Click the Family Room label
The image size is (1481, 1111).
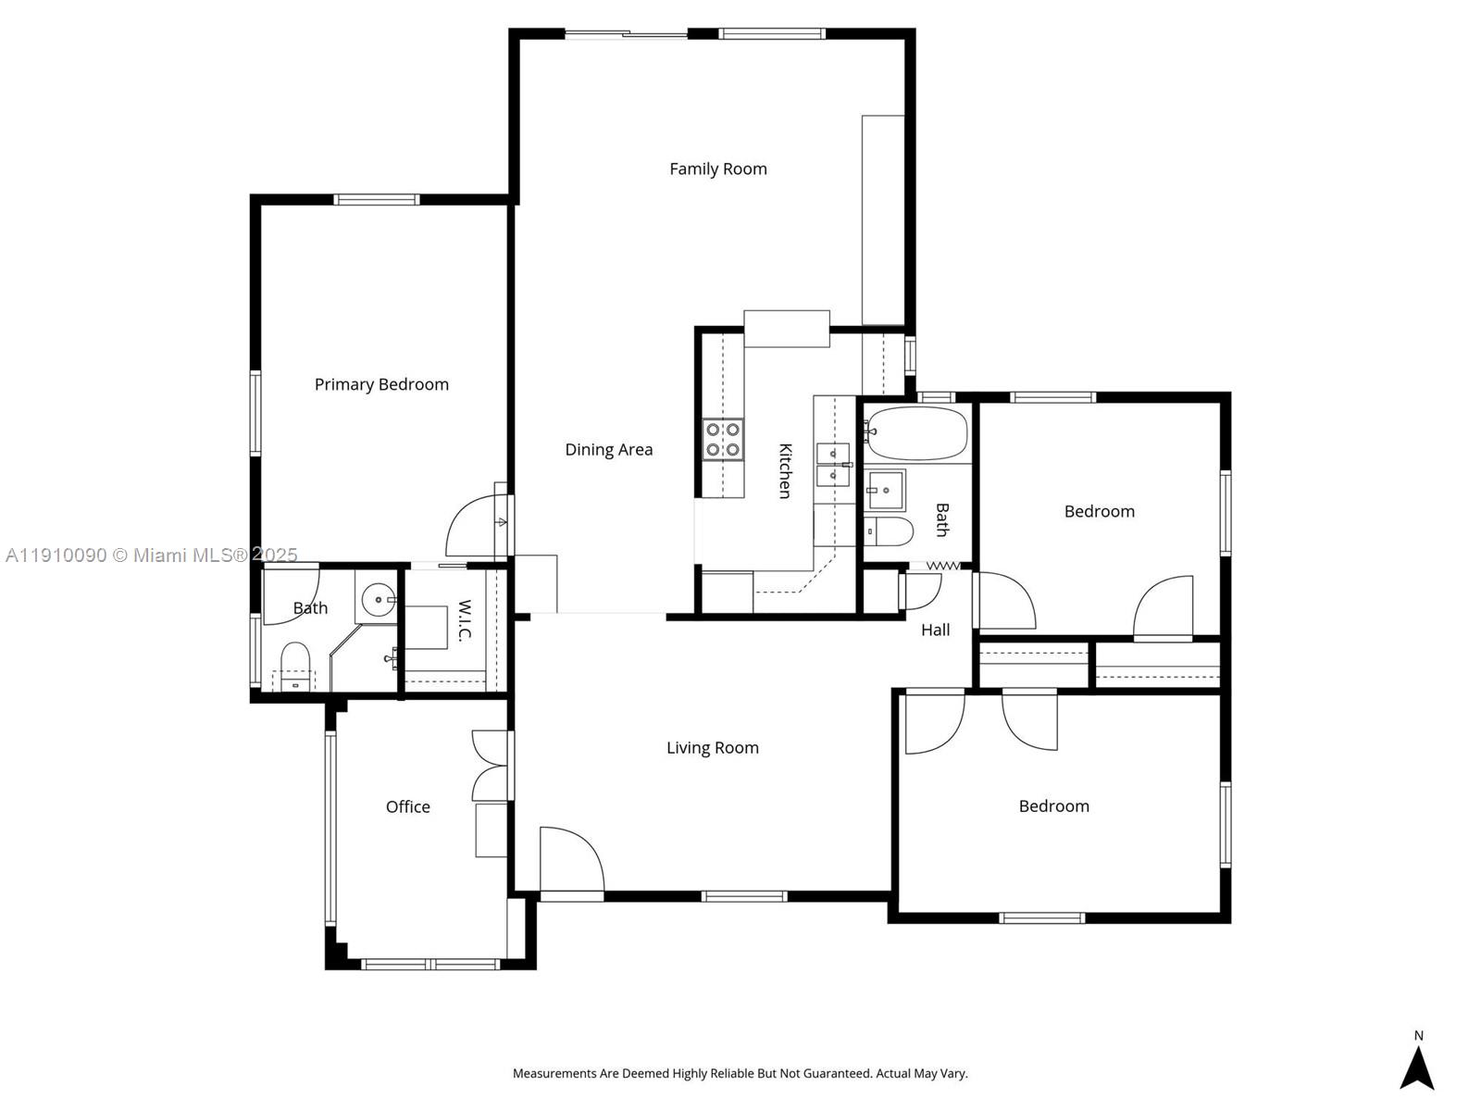717,169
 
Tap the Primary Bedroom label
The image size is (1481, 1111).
381,384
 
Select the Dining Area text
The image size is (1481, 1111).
608,450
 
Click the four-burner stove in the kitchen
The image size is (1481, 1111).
722,440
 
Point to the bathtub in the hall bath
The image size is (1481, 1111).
917,433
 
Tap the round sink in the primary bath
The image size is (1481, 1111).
378,600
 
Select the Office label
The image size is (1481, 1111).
407,806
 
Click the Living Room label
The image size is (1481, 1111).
712,748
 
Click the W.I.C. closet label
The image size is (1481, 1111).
465,620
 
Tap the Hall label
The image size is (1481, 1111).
935,630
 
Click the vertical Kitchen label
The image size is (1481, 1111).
785,470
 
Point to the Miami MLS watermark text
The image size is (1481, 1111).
151,555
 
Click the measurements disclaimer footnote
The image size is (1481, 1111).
740,1074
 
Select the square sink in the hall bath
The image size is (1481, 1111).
885,490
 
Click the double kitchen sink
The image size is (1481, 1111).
833,465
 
